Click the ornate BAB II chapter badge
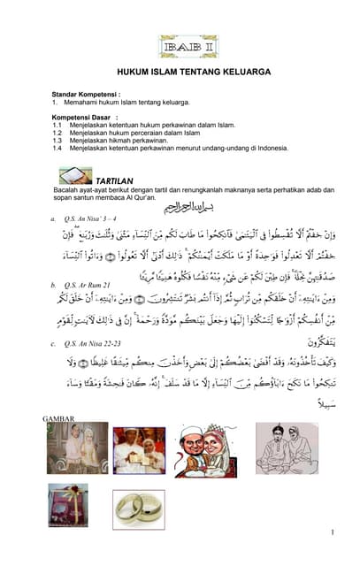point(188,46)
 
